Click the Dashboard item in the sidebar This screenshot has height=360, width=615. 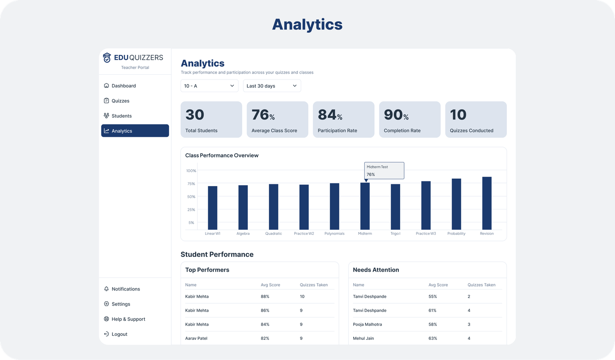(123, 86)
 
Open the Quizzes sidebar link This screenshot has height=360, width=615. (120, 101)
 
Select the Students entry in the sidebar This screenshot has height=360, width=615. (121, 116)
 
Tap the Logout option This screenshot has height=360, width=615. (119, 334)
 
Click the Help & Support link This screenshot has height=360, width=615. (128, 319)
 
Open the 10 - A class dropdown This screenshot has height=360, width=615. (209, 86)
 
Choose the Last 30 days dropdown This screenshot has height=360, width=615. (271, 86)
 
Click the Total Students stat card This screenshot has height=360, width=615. (211, 119)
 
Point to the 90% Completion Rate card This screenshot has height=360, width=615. (409, 119)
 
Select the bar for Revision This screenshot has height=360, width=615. (487, 203)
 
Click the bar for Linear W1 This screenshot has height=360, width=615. (213, 207)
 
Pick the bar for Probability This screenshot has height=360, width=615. (456, 204)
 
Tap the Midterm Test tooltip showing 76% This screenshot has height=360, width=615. (384, 170)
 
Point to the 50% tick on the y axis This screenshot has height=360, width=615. (191, 197)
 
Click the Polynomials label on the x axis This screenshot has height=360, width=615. (334, 234)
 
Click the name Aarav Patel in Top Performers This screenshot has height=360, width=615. (197, 338)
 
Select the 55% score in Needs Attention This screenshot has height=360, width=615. (433, 296)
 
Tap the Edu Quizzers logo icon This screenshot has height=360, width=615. (107, 58)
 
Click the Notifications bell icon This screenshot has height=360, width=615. (106, 289)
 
